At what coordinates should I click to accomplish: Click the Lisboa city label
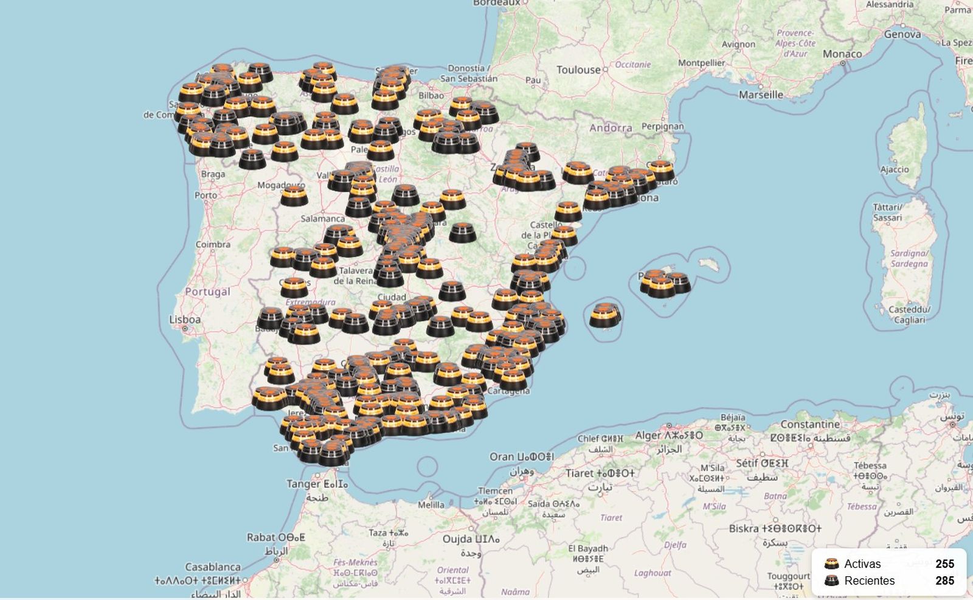tap(185, 319)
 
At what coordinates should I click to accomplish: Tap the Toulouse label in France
tap(578, 70)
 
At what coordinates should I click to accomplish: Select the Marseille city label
tap(761, 94)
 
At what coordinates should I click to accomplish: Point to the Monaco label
tap(842, 54)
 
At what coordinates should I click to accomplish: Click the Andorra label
tap(611, 128)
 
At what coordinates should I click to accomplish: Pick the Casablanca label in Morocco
tap(213, 567)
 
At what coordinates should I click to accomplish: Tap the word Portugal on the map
tap(207, 291)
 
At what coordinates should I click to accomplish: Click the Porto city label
tap(206, 195)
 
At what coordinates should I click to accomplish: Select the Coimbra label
tap(213, 244)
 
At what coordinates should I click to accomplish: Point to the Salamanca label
tap(322, 218)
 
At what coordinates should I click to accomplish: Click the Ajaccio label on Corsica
tap(895, 170)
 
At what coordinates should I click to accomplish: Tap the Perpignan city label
tap(662, 127)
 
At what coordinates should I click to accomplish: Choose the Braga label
tap(213, 174)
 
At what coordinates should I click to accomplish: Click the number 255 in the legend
tap(944, 564)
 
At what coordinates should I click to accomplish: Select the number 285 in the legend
tap(944, 581)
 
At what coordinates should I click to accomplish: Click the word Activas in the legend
tap(862, 564)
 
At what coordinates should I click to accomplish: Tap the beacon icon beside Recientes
tap(831, 581)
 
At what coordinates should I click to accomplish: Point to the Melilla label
tap(431, 504)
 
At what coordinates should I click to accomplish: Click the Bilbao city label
tap(431, 96)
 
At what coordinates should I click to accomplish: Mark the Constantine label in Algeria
tap(810, 424)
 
